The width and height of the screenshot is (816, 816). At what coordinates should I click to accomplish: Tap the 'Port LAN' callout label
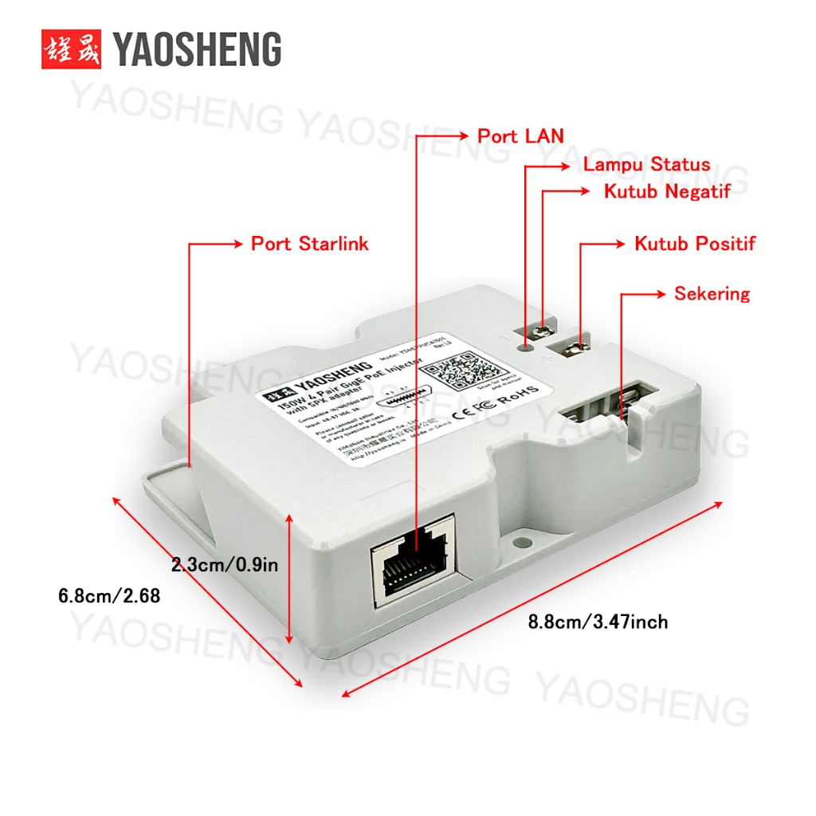click(520, 136)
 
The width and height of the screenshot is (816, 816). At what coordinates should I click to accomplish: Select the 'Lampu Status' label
click(646, 165)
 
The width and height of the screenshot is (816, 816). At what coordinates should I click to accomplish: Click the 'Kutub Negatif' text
click(667, 192)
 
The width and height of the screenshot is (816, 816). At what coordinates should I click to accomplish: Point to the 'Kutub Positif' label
click(694, 243)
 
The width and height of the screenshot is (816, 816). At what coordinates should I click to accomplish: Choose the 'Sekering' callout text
click(712, 293)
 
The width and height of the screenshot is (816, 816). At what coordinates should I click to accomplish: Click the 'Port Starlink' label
click(309, 243)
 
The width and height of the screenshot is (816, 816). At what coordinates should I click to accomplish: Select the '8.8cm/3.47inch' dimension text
click(598, 622)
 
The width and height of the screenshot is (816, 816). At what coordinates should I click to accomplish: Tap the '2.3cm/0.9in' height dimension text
click(225, 565)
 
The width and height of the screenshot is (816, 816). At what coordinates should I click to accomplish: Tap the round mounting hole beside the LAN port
click(521, 541)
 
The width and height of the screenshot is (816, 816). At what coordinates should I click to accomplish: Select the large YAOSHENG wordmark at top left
click(197, 49)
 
